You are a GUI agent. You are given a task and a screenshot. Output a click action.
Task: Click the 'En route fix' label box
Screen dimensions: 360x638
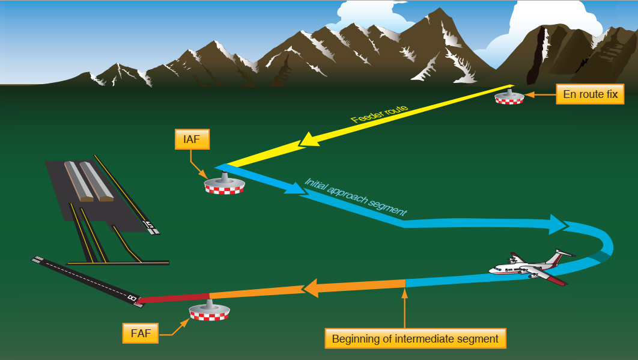[x=590, y=94]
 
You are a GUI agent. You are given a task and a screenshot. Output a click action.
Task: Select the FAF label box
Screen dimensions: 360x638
[x=141, y=332]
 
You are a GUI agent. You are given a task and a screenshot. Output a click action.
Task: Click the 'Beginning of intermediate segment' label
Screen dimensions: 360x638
[x=415, y=339]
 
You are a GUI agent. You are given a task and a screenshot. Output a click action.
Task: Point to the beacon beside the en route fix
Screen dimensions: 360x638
[x=509, y=97]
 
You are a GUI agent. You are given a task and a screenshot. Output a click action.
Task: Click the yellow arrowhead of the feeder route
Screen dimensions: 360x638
[x=309, y=141]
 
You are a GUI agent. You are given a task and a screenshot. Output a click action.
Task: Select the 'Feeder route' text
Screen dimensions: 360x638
[x=380, y=114]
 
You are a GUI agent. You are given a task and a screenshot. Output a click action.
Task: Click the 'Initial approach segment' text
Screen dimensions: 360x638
[x=356, y=197]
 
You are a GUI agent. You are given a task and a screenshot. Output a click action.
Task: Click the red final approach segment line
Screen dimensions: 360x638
[x=174, y=297]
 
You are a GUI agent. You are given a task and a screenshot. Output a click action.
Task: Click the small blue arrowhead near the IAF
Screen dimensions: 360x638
[x=294, y=189]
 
